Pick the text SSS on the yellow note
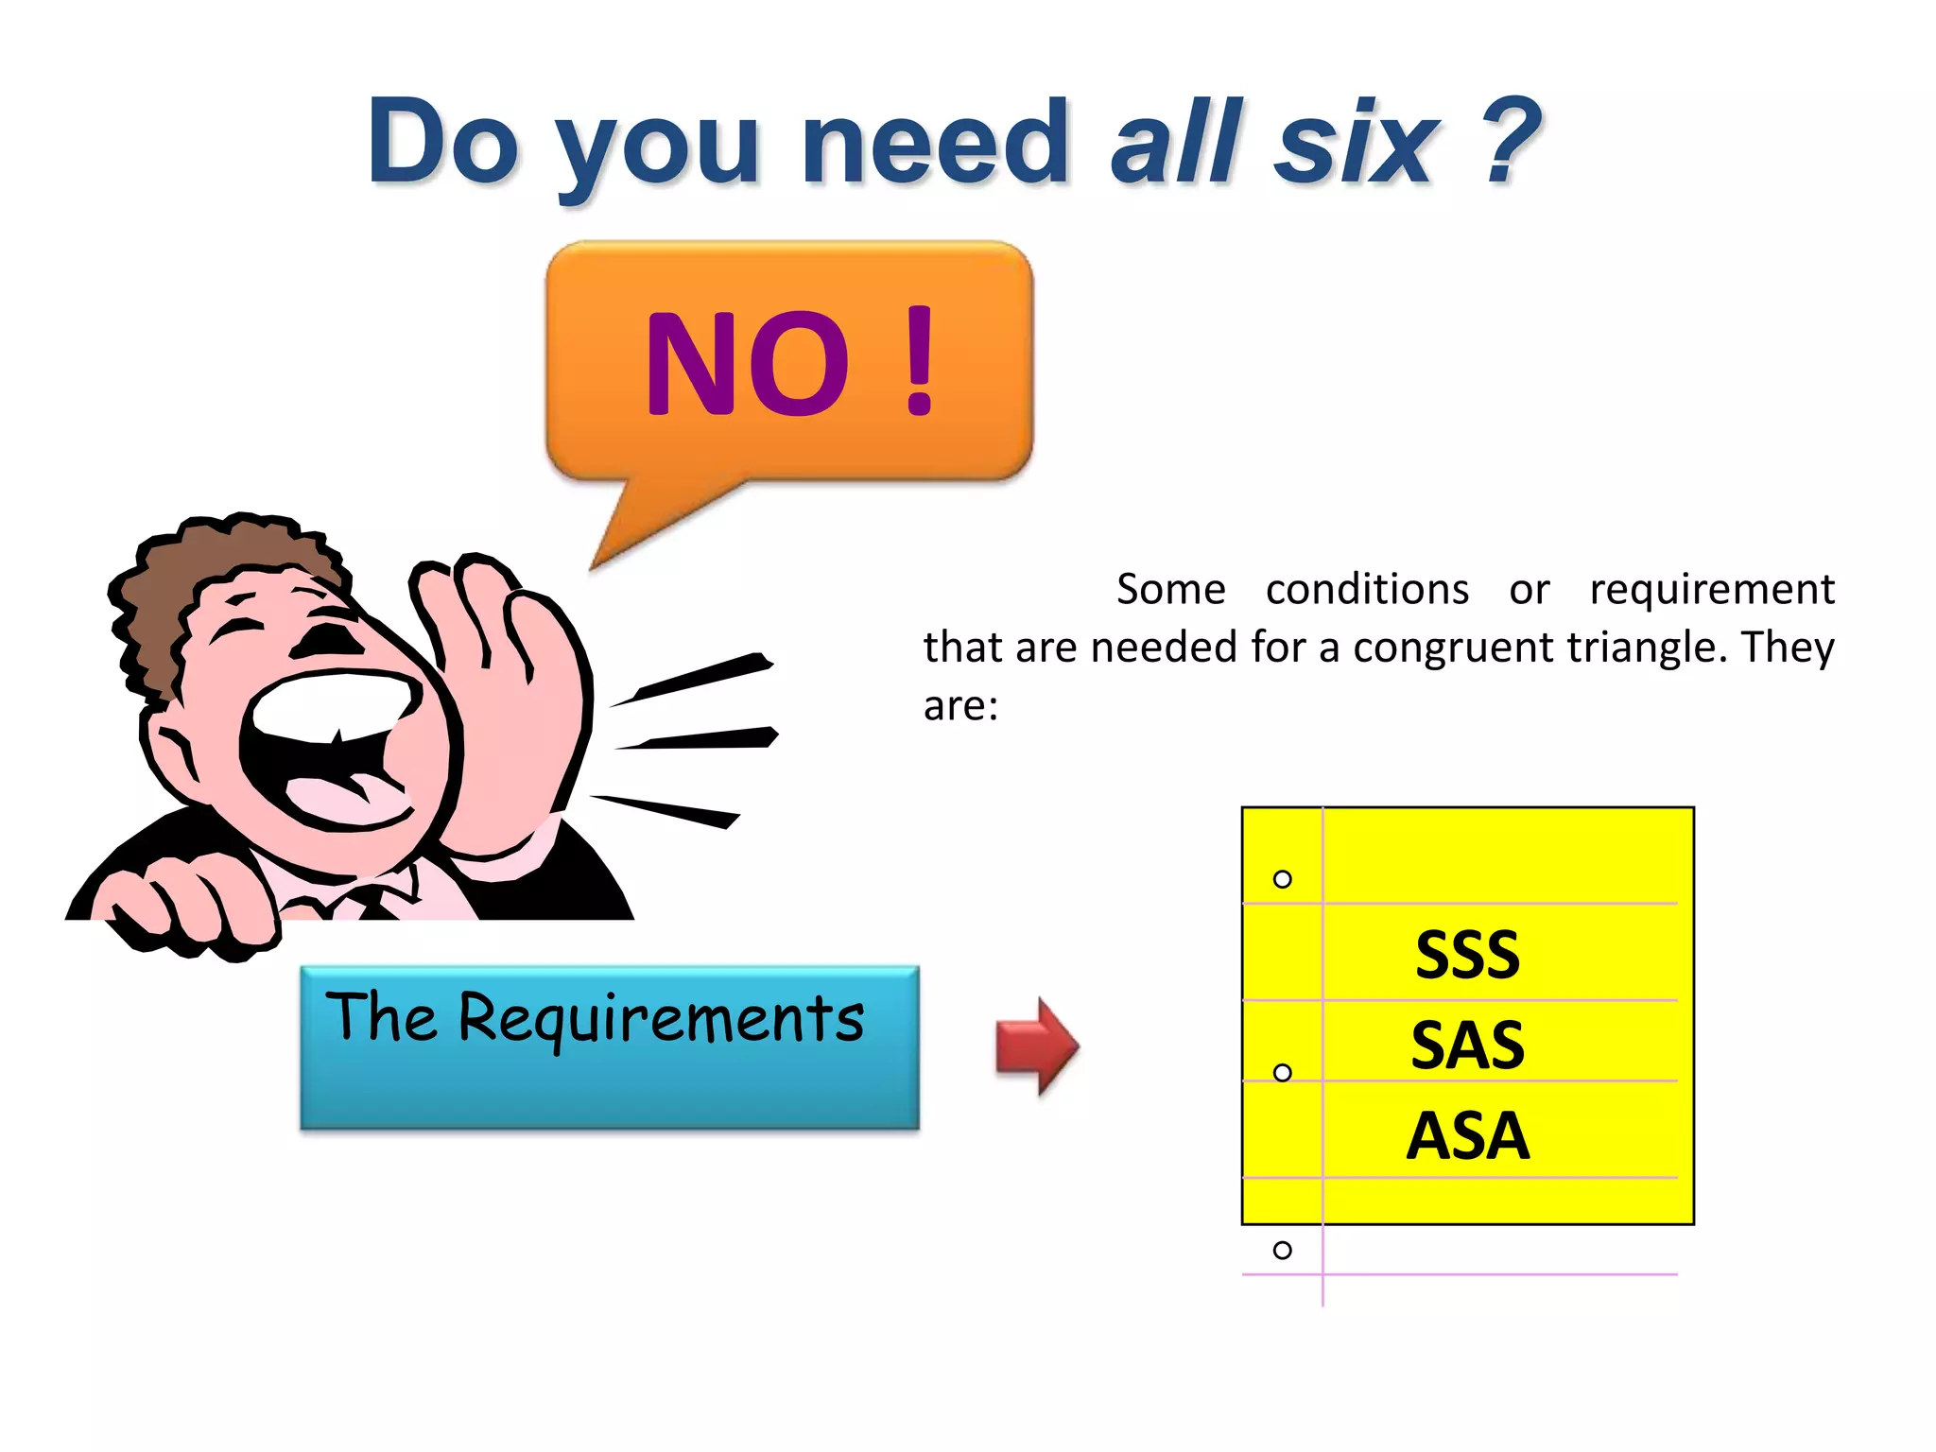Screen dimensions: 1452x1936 coord(1467,955)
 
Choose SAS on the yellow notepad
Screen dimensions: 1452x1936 coord(1467,1046)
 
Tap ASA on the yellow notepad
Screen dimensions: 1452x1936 coord(1467,1135)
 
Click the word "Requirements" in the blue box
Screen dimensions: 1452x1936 coord(661,1019)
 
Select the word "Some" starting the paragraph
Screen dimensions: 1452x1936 coord(1170,589)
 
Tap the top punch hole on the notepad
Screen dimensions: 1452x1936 coord(1282,879)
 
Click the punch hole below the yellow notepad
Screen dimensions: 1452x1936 coord(1282,1251)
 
